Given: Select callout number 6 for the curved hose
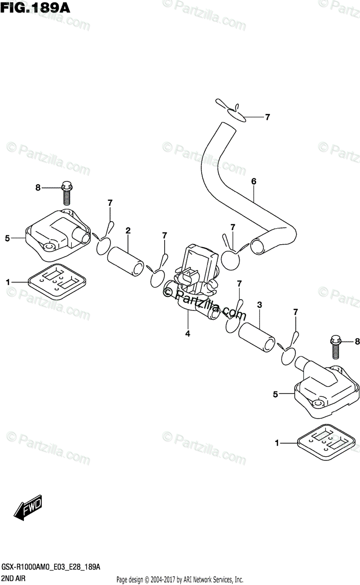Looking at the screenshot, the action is tap(254, 181).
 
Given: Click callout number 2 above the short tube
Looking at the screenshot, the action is tap(128, 230).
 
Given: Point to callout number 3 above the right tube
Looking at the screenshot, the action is tap(260, 305).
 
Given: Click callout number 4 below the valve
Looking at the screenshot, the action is tap(188, 334).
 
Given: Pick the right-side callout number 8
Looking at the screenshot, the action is tap(357, 341).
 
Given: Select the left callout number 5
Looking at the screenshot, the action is tap(8, 238).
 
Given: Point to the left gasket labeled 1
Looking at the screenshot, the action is tap(57, 282).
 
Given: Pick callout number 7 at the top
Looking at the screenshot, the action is tap(267, 117).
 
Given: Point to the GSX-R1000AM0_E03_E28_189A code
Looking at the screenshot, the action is tap(52, 568).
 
